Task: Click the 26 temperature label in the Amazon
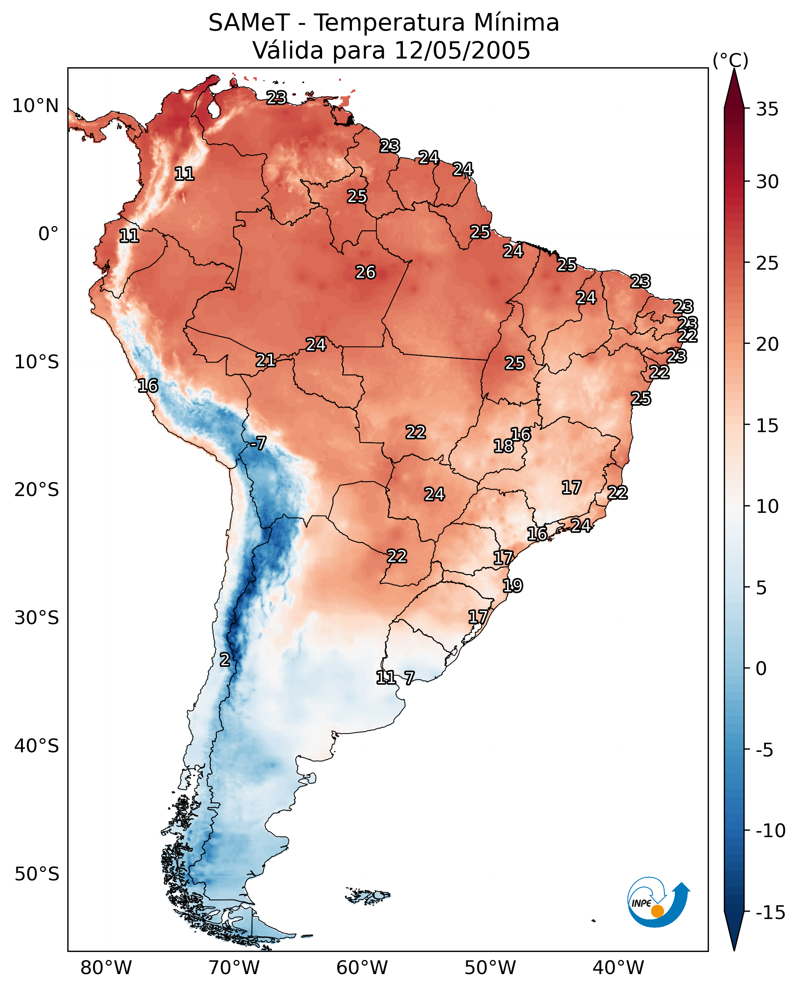click(x=365, y=273)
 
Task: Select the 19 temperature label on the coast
click(x=512, y=586)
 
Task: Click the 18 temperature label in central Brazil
click(x=503, y=446)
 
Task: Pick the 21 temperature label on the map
click(x=266, y=360)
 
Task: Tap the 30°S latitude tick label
click(x=37, y=618)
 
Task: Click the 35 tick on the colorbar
click(x=767, y=109)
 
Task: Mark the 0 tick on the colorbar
click(x=761, y=669)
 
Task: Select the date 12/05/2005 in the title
click(x=462, y=50)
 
